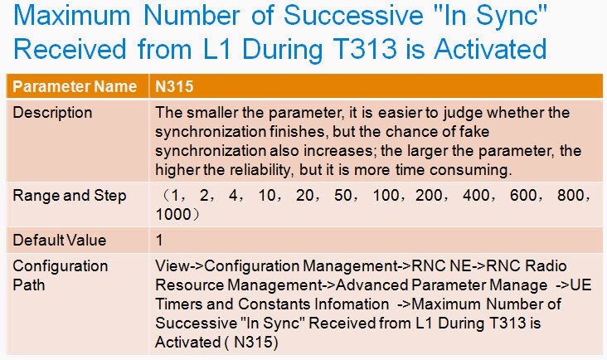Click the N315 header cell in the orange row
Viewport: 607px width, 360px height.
[175, 86]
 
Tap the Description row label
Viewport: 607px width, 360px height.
[52, 112]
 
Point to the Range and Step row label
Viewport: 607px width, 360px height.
[70, 197]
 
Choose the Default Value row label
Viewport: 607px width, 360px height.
[60, 241]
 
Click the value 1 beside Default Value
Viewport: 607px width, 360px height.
[159, 241]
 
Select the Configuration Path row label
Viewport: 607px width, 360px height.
[61, 275]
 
